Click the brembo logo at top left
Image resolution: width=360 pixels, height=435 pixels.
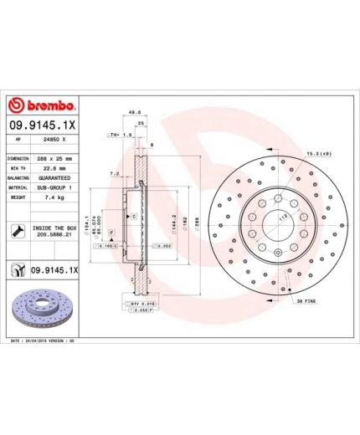tap(44, 106)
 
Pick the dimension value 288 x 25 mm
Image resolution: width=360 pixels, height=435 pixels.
tap(56, 157)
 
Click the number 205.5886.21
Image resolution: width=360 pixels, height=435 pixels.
tap(56, 235)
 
